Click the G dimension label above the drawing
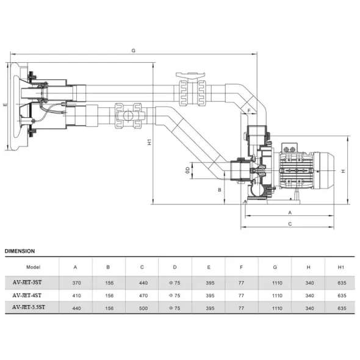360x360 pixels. (134, 51)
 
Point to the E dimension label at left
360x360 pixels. (5, 105)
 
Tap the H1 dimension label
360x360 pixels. (149, 142)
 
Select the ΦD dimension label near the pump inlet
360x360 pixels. (187, 170)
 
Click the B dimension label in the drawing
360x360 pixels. (220, 190)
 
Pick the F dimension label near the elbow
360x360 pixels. (249, 110)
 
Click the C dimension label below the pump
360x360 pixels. (290, 224)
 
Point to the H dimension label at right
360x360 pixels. (344, 171)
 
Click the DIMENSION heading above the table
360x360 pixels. (20, 251)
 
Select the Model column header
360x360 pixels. (34, 267)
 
